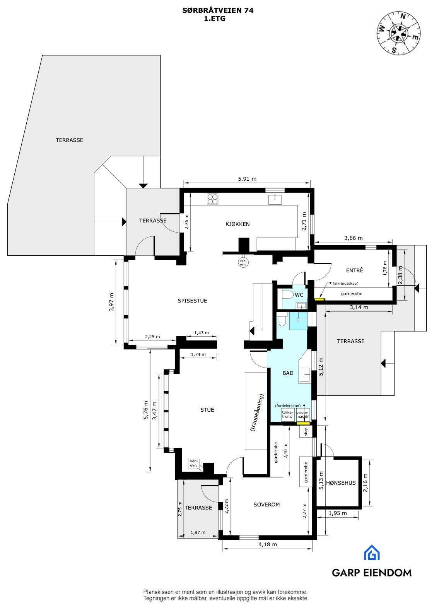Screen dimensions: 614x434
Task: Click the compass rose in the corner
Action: tap(398, 32)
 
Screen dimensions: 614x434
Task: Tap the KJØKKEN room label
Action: tap(238, 224)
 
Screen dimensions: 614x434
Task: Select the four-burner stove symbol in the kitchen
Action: tap(212, 199)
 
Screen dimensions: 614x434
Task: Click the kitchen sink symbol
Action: tap(275, 200)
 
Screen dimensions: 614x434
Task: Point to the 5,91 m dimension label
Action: tap(247, 179)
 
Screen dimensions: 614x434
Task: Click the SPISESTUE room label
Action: tap(192, 301)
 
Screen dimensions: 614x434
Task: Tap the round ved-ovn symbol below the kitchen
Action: tap(243, 263)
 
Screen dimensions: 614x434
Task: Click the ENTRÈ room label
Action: tap(354, 270)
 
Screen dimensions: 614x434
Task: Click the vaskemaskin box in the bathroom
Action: tap(303, 415)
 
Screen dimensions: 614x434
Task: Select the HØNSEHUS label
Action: tap(340, 482)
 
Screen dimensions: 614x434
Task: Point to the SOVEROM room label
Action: tap(267, 505)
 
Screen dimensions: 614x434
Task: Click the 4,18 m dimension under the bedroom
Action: tap(268, 544)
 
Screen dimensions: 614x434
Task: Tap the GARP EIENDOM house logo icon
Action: tap(371, 552)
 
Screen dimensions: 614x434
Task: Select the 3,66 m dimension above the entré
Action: tap(353, 238)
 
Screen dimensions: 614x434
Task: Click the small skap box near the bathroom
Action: tap(305, 432)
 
